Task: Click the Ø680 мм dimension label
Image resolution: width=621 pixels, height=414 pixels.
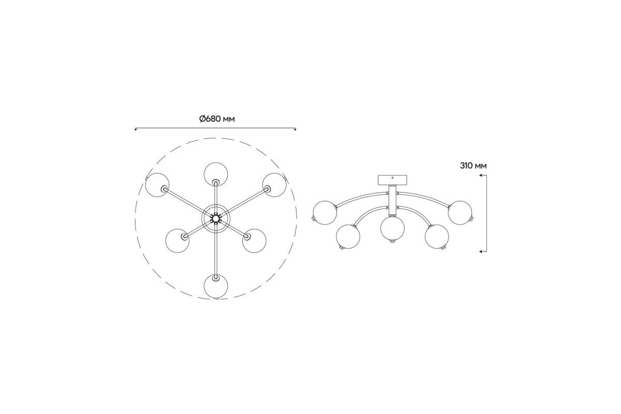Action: pos(217,119)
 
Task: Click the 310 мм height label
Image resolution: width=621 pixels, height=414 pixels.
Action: pos(473,166)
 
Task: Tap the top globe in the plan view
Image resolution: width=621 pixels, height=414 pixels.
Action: pos(216,174)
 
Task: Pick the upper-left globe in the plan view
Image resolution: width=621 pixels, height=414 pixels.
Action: pos(157,185)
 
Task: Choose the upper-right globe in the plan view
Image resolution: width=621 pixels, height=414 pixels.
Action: pos(274,185)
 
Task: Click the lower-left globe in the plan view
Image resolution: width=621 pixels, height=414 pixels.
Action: pos(178,241)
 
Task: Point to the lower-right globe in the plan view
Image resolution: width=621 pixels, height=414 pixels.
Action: pos(254,241)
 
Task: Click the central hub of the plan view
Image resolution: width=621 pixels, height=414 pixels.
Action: pos(216,218)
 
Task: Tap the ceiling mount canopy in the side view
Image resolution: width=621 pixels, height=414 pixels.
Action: pos(392,180)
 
